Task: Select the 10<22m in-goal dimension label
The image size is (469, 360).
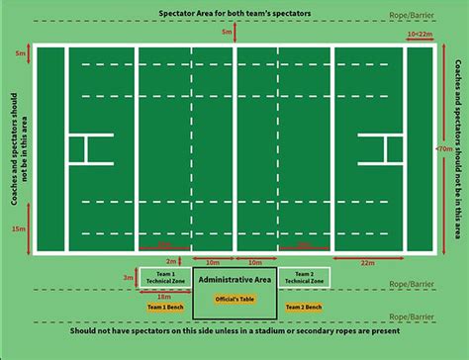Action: pos(421,34)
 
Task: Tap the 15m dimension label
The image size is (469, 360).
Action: pos(21,228)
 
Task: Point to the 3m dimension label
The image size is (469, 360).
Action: pos(129,278)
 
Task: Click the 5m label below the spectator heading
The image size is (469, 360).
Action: pos(228,34)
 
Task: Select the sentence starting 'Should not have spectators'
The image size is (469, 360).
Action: pos(234,333)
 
